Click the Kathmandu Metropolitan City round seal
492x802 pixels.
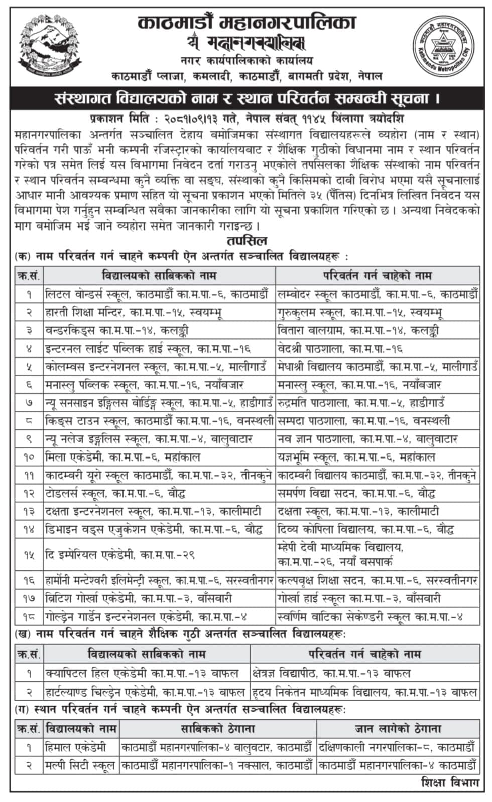[x=444, y=44]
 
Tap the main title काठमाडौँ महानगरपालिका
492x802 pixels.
[x=247, y=23]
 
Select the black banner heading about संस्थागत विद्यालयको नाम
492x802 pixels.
[x=247, y=98]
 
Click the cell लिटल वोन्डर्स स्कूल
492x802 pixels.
[x=156, y=294]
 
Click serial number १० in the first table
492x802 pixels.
[x=29, y=457]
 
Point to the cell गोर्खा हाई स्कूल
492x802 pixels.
[x=358, y=598]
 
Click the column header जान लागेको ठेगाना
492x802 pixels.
[x=398, y=728]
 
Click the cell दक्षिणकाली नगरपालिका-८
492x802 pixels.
[x=396, y=747]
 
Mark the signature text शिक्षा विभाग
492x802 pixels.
[x=450, y=782]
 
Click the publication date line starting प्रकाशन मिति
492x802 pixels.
[x=247, y=120]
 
